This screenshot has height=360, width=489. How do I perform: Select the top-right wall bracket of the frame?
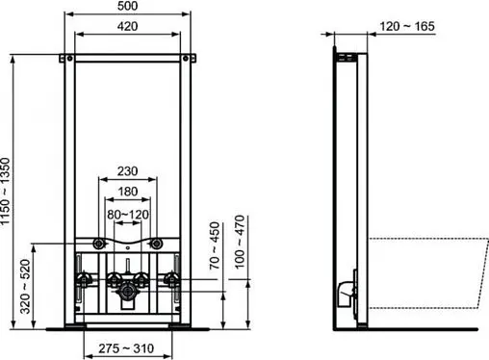189,63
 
